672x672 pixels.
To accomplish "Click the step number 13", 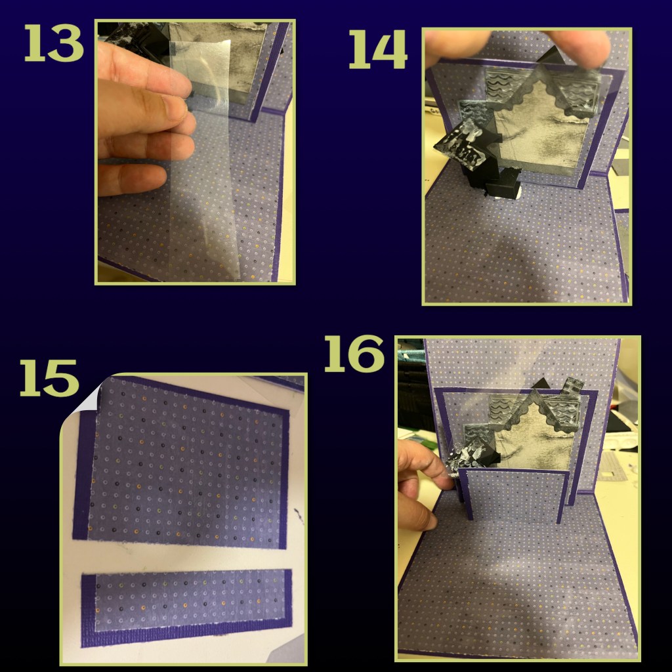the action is coord(54,43).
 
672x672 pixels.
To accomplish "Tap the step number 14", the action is coord(378,49).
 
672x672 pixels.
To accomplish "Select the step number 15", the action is coord(49,377).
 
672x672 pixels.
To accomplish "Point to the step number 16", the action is coord(354,354).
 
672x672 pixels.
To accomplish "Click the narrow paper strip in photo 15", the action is coord(186,607).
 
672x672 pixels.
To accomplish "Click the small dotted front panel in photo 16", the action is coord(514,493).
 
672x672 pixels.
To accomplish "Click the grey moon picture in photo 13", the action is coord(219,60).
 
